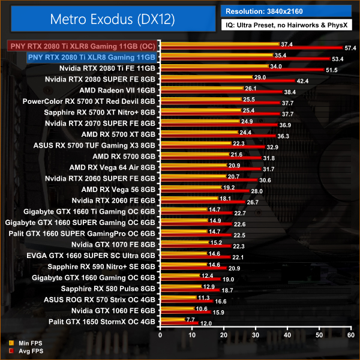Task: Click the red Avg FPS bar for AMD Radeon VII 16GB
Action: (x=220, y=92)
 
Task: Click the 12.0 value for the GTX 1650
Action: (x=206, y=324)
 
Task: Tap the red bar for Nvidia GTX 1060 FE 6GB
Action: (x=184, y=313)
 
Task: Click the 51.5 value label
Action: (x=331, y=70)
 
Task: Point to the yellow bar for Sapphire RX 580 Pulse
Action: (x=180, y=287)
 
